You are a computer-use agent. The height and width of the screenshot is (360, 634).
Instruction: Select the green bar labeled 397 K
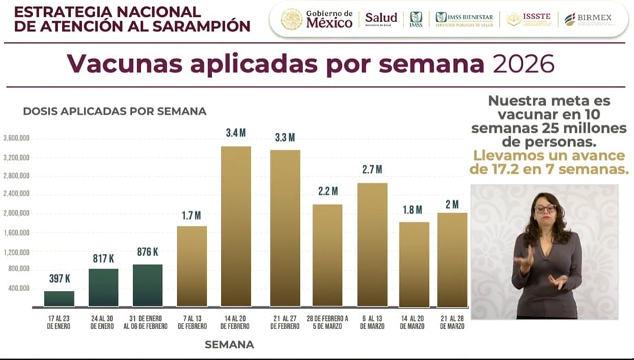59,298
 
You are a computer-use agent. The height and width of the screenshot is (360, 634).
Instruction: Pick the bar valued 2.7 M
372,244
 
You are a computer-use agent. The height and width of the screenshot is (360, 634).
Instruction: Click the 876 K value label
147,253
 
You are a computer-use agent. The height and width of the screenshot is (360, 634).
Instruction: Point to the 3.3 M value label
284,138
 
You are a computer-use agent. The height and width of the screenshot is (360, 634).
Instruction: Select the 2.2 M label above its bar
328,192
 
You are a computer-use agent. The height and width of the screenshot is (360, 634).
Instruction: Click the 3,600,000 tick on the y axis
16,138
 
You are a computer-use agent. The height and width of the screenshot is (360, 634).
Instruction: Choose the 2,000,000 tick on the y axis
16,213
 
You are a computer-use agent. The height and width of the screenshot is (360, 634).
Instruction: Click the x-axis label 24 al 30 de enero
103,322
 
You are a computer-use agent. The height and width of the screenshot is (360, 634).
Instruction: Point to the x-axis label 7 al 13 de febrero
191,322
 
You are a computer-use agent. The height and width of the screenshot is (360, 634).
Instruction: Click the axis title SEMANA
229,344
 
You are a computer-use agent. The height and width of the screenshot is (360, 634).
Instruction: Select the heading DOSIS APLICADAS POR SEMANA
114,111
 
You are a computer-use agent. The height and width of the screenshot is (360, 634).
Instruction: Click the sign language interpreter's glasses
545,209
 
